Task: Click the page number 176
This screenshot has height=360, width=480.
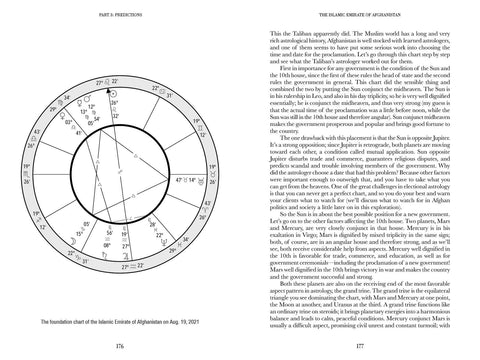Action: [120, 343]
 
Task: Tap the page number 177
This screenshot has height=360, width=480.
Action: [359, 343]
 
